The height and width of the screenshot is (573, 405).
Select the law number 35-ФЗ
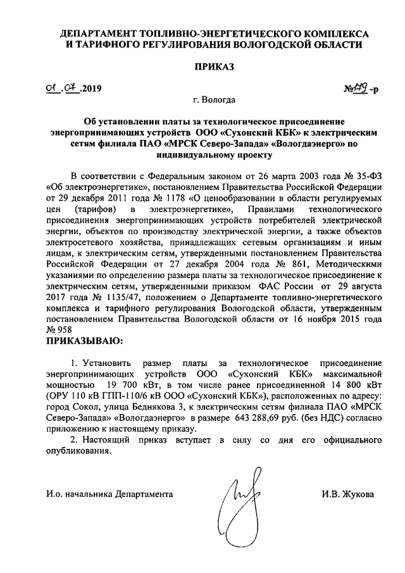click(x=364, y=175)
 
